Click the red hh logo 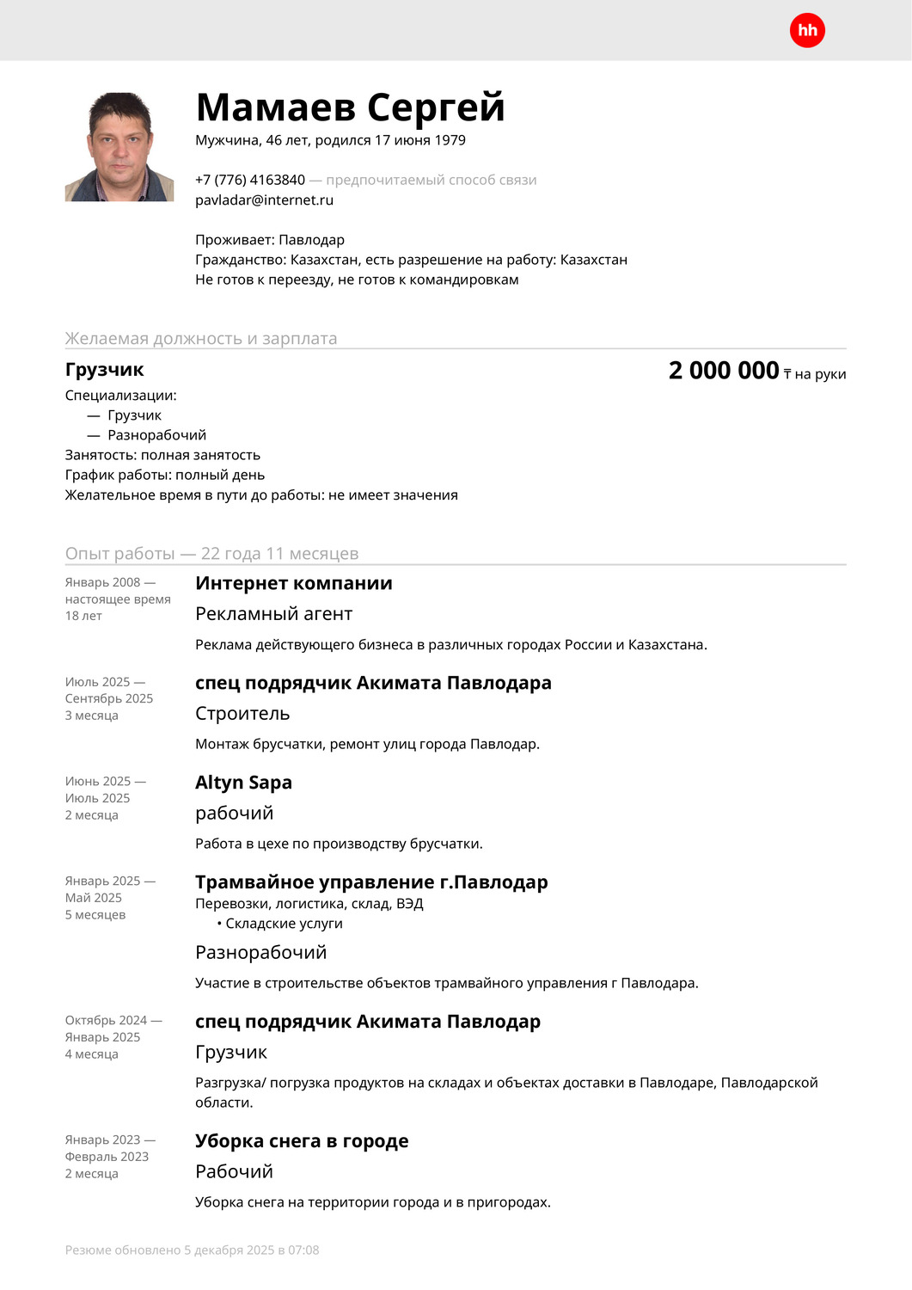pyautogui.click(x=807, y=31)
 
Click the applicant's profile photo pyautogui.click(x=119, y=147)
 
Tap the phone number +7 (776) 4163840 pyautogui.click(x=250, y=180)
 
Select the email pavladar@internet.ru pyautogui.click(x=264, y=200)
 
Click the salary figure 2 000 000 pyautogui.click(x=724, y=371)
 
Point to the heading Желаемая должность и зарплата pyautogui.click(x=201, y=339)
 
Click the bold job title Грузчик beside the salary pyautogui.click(x=105, y=370)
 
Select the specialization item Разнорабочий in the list pyautogui.click(x=156, y=435)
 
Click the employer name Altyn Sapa pyautogui.click(x=243, y=783)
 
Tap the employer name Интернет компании pyautogui.click(x=294, y=583)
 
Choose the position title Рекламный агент pyautogui.click(x=273, y=614)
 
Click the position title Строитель pyautogui.click(x=242, y=714)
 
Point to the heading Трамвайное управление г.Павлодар pyautogui.click(x=371, y=882)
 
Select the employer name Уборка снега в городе pyautogui.click(x=302, y=1141)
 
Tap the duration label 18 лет pyautogui.click(x=83, y=616)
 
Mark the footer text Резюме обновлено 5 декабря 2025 pyautogui.click(x=192, y=1250)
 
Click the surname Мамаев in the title pyautogui.click(x=276, y=107)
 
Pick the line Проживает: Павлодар pyautogui.click(x=270, y=240)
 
